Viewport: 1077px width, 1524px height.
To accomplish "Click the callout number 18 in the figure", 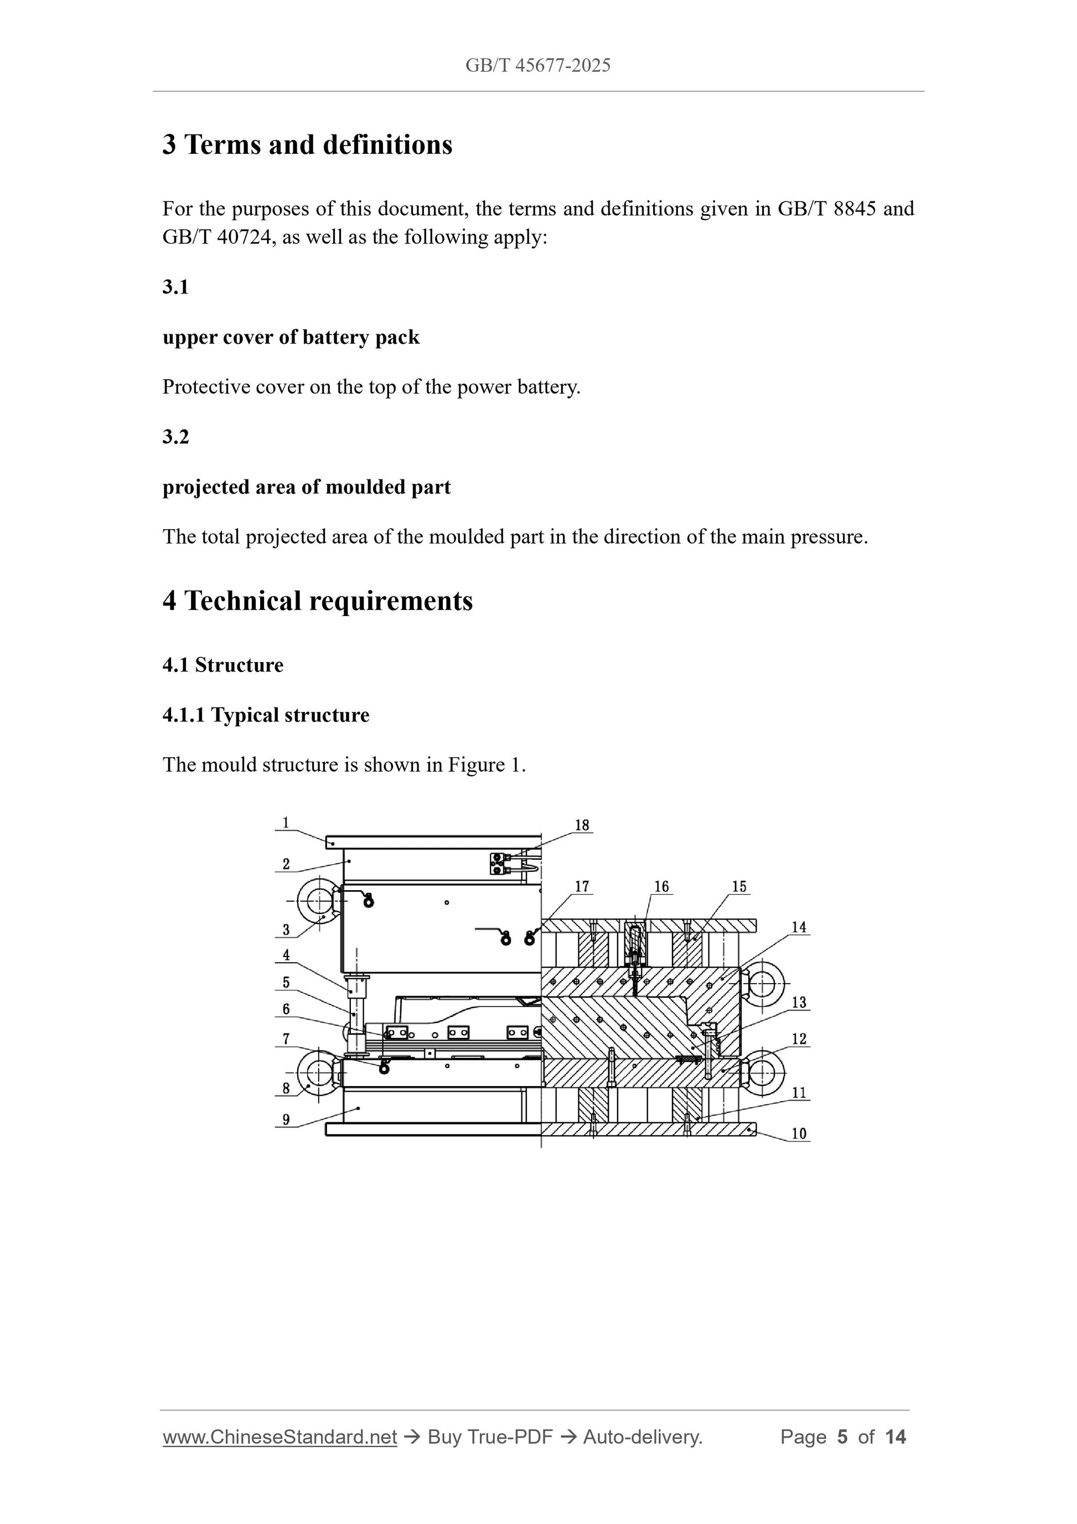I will (x=581, y=825).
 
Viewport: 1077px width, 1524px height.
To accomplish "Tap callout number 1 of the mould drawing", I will (x=286, y=823).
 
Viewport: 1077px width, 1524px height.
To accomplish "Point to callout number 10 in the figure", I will (x=799, y=1134).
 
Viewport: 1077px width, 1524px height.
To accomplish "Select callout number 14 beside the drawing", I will (x=799, y=927).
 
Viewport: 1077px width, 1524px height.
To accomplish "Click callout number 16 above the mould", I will (x=661, y=887).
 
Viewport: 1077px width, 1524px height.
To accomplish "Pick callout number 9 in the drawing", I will (x=286, y=1120).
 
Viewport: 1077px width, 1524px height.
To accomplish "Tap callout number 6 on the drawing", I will (x=286, y=1010).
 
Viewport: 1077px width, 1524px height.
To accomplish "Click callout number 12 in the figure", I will (x=799, y=1039).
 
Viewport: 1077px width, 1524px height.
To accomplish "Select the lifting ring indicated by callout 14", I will (x=763, y=983).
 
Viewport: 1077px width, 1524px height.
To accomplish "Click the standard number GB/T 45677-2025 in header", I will (x=537, y=65).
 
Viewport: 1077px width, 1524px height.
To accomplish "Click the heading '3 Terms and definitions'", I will (x=307, y=144).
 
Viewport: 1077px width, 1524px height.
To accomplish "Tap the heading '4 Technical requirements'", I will (x=317, y=601).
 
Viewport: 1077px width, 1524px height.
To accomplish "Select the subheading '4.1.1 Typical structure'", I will (x=266, y=715).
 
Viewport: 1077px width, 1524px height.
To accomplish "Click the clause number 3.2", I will (x=176, y=437).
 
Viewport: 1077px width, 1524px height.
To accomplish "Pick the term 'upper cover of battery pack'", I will (x=291, y=337).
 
